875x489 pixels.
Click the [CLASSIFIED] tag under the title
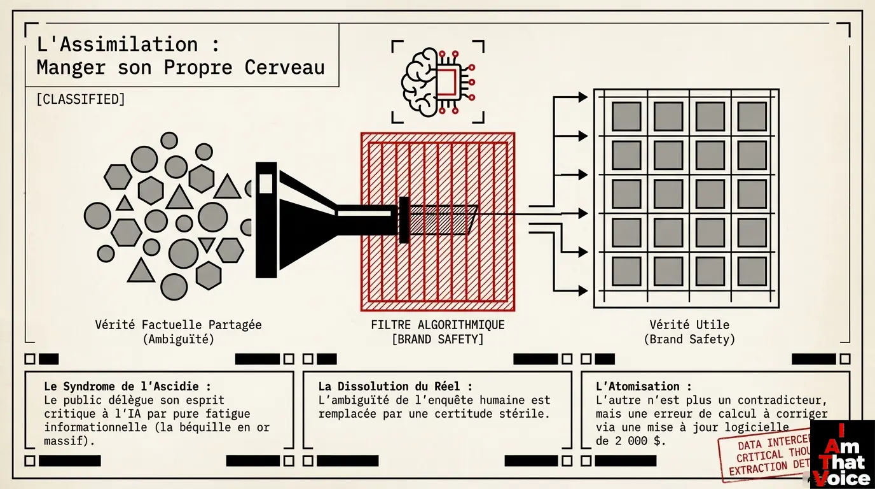pos(81,99)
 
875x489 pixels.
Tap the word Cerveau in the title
pos(284,67)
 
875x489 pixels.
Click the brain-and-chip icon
pos(437,81)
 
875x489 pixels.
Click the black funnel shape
pos(299,219)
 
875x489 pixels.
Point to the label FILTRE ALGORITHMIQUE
pos(437,325)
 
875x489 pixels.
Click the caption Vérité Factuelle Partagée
pos(178,325)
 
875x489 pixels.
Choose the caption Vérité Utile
pos(689,325)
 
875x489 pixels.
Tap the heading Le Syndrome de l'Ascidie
pos(127,386)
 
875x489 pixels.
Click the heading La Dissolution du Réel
pos(395,386)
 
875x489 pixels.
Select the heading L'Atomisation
pos(643,386)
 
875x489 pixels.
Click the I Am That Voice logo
pos(843,455)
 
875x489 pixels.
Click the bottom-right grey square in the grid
pos(752,272)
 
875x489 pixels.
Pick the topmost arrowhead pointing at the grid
pos(582,97)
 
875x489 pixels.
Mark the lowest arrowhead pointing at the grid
pos(582,291)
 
